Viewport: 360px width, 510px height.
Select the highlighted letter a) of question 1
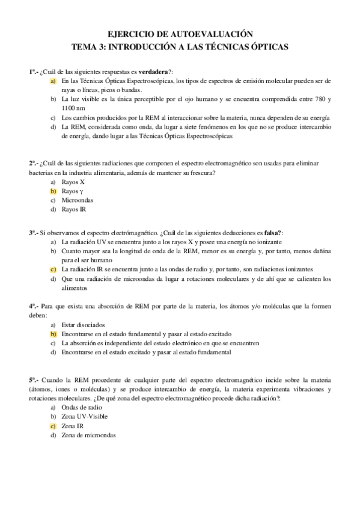53,81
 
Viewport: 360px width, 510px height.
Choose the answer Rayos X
73,181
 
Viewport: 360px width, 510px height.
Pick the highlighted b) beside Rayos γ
53,191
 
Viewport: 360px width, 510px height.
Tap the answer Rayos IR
75,209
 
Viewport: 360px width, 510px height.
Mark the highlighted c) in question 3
53,269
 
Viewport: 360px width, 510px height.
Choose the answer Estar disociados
83,324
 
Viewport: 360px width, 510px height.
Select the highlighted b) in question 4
53,334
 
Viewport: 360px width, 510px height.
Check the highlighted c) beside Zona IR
53,426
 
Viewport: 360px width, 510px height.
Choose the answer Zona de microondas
90,435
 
